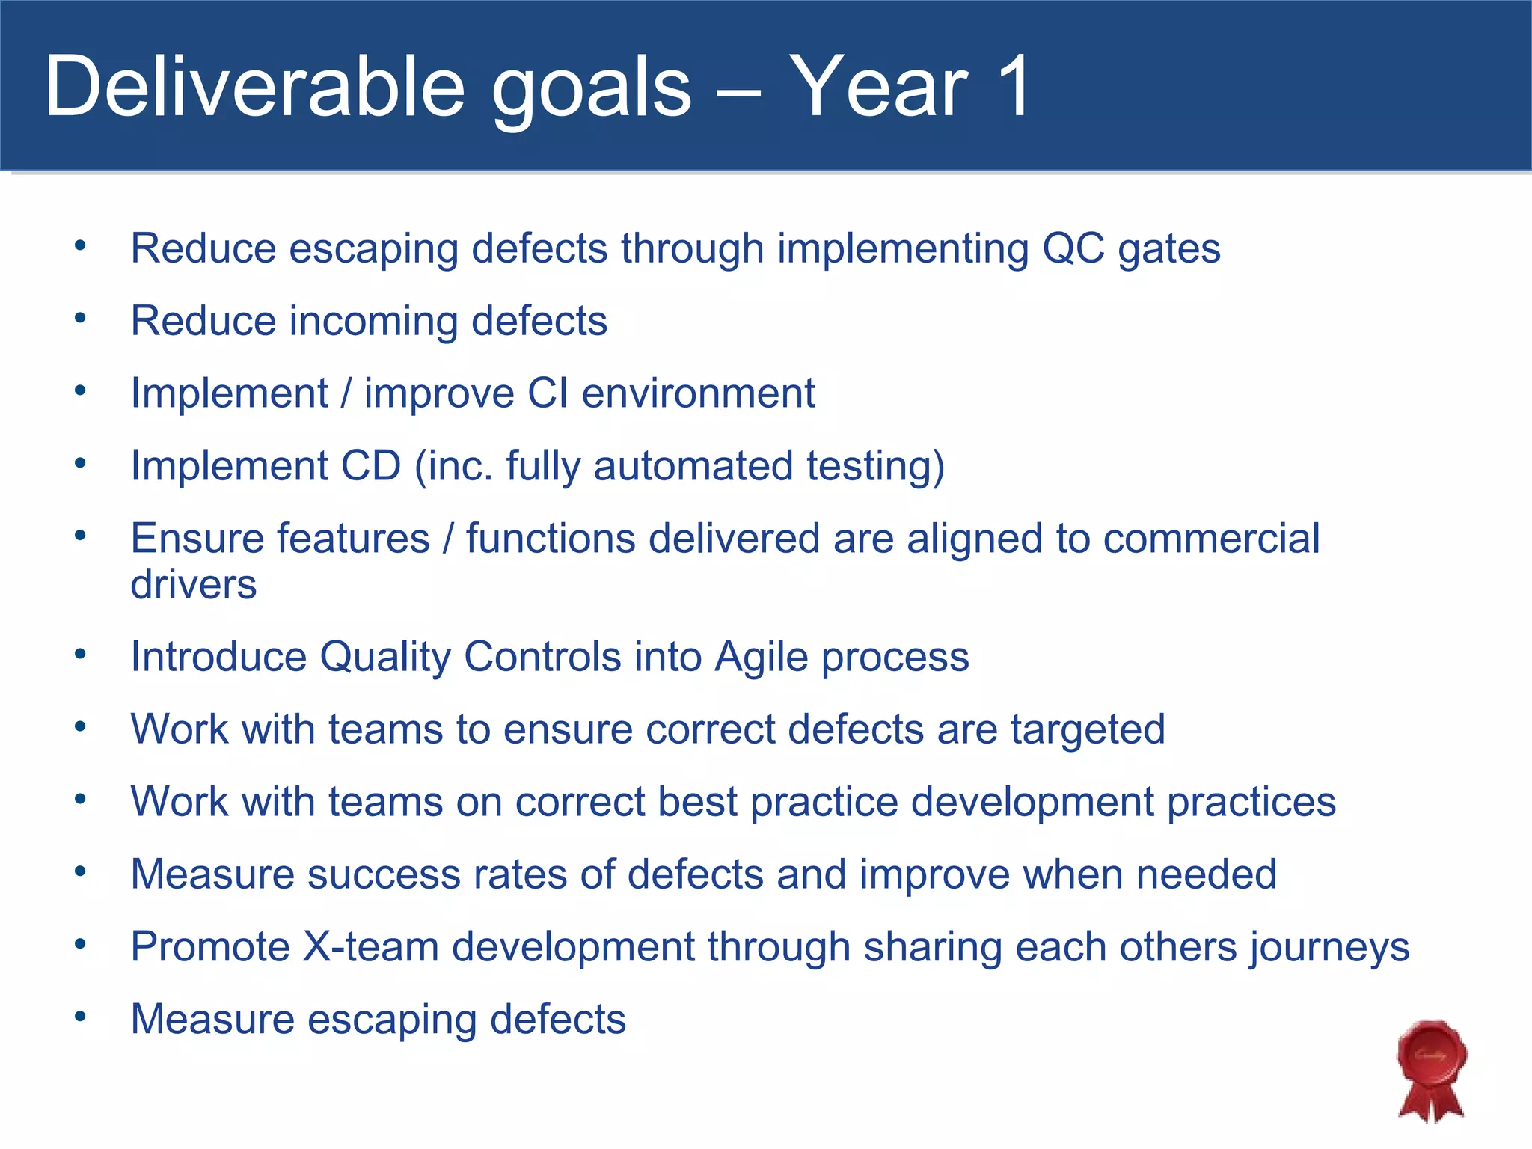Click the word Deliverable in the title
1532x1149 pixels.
(x=254, y=88)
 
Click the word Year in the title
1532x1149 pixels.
(x=878, y=88)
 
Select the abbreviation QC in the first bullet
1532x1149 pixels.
(x=1073, y=248)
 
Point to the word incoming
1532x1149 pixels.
(x=373, y=322)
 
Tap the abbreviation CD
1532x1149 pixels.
(x=371, y=466)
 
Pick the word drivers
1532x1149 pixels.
(x=193, y=584)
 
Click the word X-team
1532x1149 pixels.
(x=370, y=947)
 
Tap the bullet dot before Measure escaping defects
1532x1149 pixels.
(x=81, y=1017)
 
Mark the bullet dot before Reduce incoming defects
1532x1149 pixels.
(x=81, y=319)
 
